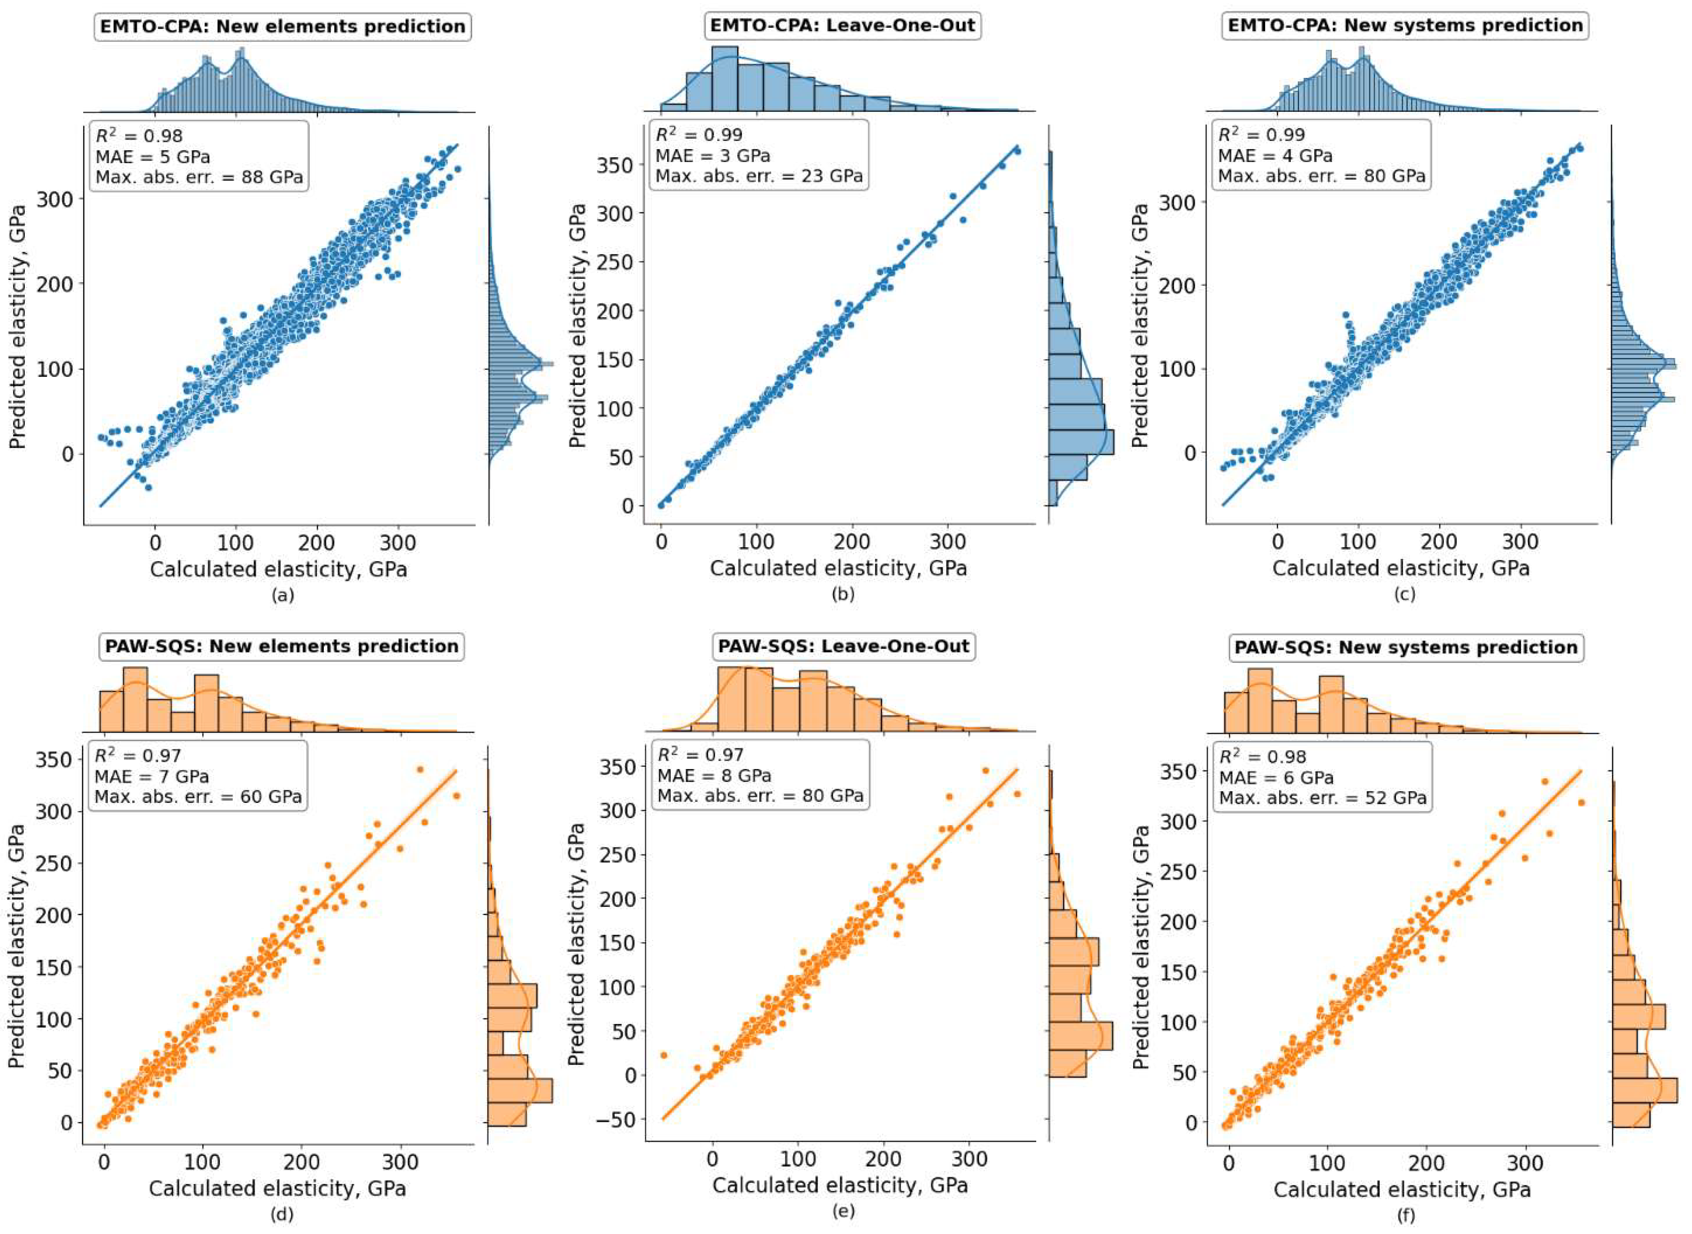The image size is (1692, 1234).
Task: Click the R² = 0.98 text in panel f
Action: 1262,757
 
